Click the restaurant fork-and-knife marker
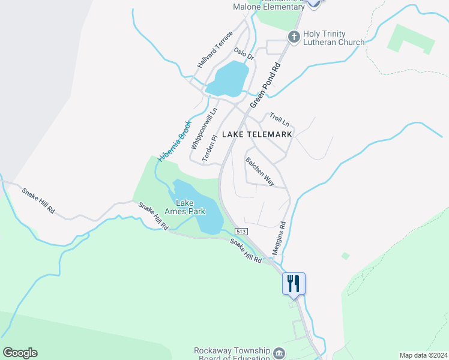point(294,283)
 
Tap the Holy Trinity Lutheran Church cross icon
point(294,37)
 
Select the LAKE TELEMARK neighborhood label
point(257,134)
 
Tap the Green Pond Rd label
point(265,86)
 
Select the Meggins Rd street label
point(278,238)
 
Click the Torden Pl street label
point(209,148)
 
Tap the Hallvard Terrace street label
point(214,49)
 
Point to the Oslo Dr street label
point(244,55)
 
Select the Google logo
point(20,353)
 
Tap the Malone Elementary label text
point(268,7)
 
